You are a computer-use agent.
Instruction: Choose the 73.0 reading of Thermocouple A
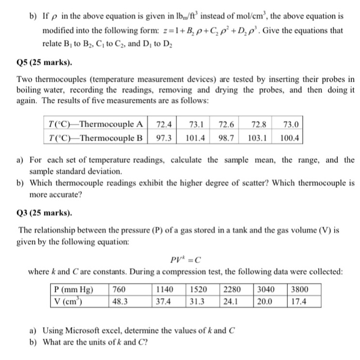click(291, 124)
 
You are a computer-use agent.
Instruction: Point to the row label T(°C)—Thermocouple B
click(95, 138)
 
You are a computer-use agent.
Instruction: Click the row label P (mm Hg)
click(75, 290)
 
